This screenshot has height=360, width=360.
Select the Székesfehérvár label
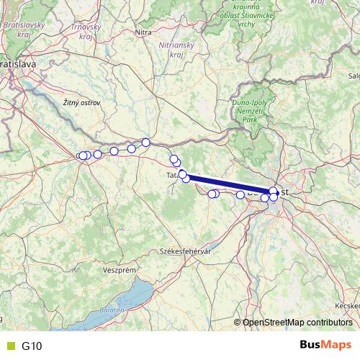coord(184,253)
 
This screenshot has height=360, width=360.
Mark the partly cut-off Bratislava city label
coord(17,64)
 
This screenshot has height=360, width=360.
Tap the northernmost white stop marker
coord(145,142)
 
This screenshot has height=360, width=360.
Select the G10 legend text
coord(32,346)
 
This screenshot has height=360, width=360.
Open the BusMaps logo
coord(325,346)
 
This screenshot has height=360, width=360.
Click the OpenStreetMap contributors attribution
coord(297,323)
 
